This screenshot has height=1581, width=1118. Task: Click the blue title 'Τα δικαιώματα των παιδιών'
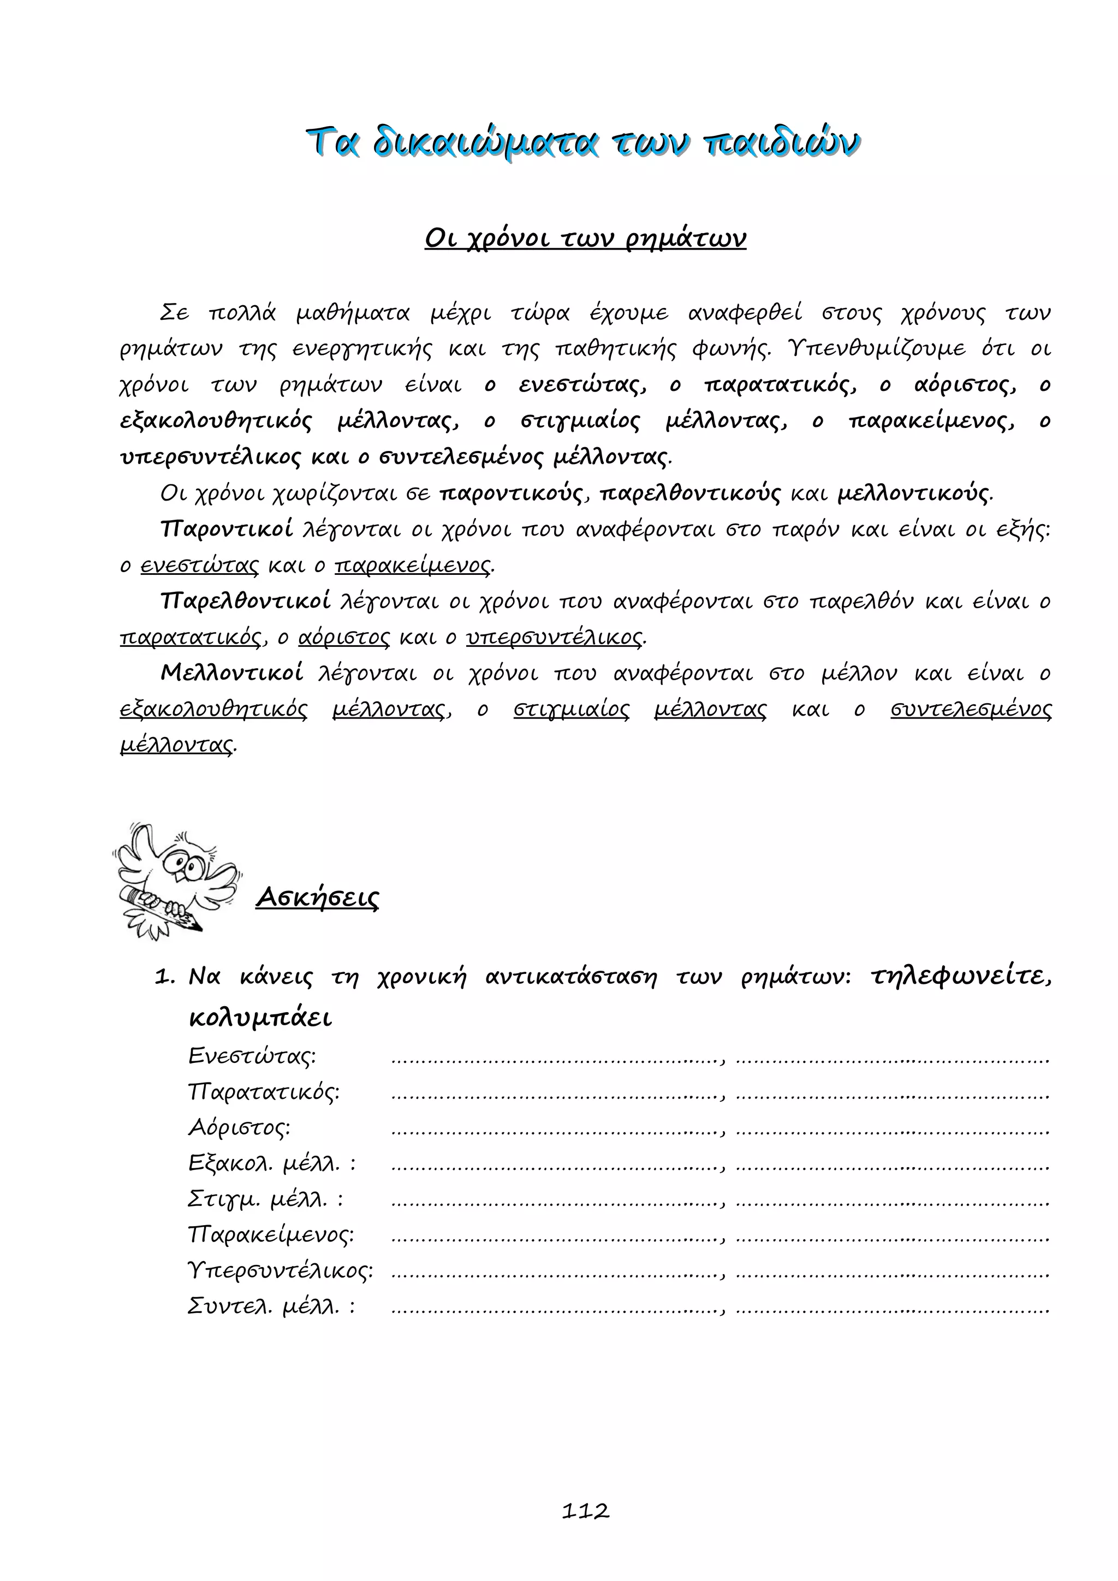[583, 143]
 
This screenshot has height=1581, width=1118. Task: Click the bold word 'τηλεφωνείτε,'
[960, 977]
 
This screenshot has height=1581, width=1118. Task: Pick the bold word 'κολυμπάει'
[260, 1018]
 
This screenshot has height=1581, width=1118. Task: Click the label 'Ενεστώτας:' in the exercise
[252, 1056]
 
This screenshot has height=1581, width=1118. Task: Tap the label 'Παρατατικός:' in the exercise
[264, 1091]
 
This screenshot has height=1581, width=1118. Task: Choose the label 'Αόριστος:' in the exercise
[239, 1127]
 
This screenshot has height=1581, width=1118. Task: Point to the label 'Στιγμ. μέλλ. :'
[265, 1199]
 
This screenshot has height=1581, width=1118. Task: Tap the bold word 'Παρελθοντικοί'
[245, 601]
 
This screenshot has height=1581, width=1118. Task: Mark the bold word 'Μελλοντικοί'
[232, 672]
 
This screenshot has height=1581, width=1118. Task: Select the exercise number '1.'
[165, 977]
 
